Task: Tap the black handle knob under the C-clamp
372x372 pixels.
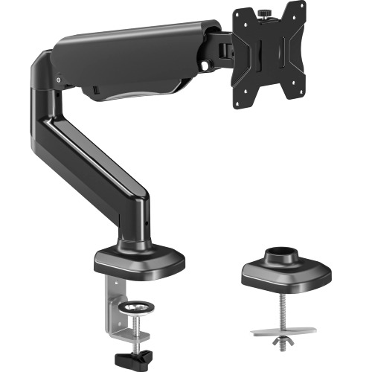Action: tap(136, 353)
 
